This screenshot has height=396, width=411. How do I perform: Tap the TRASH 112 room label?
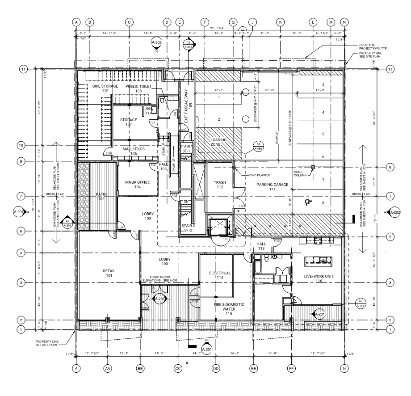(x=220, y=184)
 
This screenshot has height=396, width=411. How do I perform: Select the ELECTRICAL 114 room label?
(x=220, y=275)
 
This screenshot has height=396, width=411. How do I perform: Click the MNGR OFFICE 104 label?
(x=137, y=185)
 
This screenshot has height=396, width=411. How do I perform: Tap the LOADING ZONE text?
(x=219, y=142)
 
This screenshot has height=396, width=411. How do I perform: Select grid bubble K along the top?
(x=281, y=22)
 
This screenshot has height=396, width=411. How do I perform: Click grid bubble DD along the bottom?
(x=215, y=369)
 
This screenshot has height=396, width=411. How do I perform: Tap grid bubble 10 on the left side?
(x=21, y=145)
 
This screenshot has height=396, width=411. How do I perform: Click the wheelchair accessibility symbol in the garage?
(x=306, y=202)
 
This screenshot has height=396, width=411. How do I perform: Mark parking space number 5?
(x=323, y=134)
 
